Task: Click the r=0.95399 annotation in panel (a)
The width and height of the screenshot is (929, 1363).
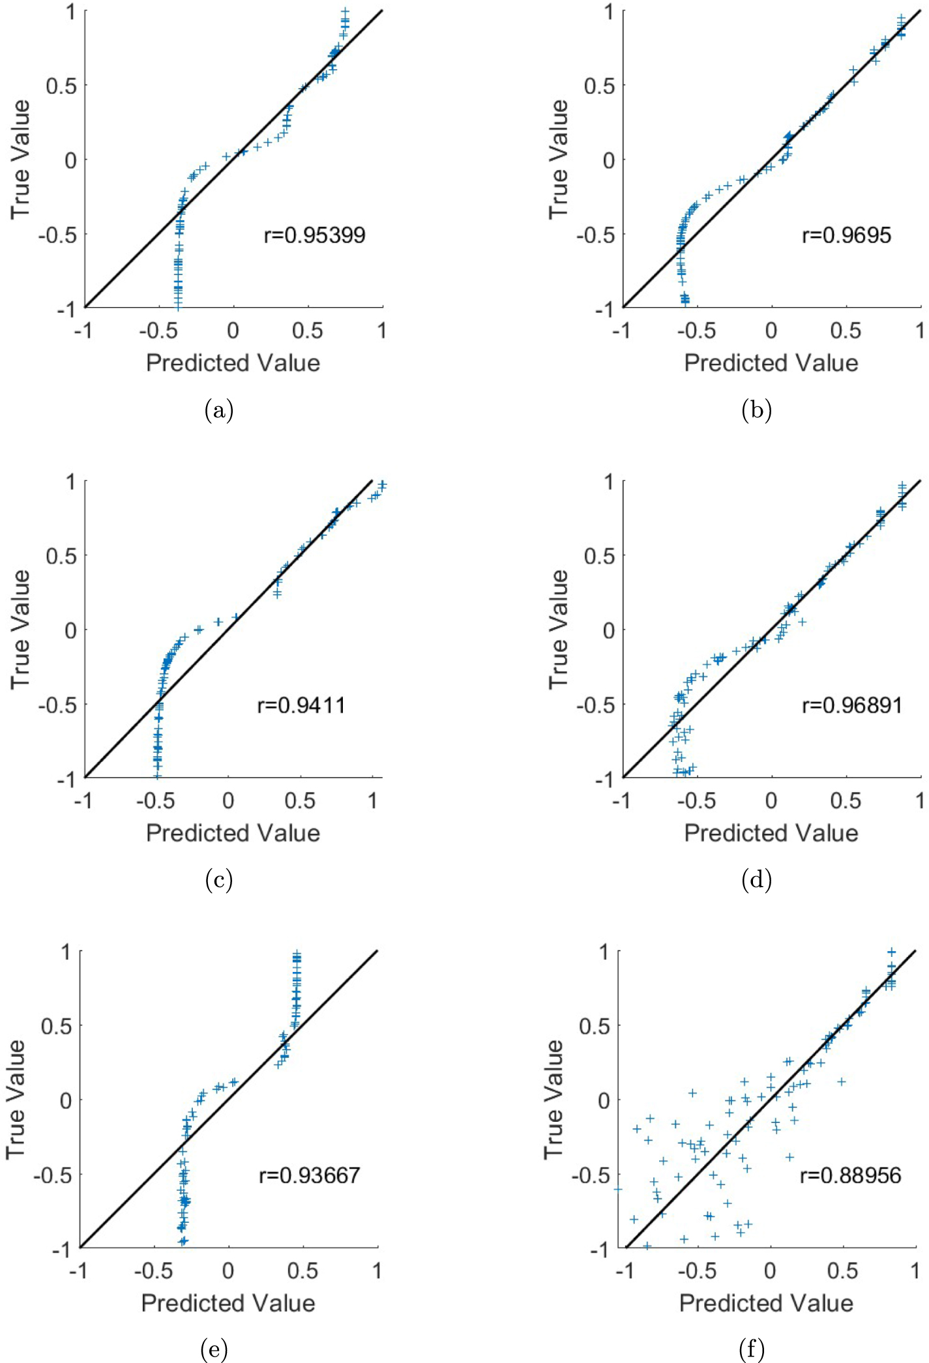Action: tap(314, 235)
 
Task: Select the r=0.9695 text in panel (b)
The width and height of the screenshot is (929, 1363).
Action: tap(846, 235)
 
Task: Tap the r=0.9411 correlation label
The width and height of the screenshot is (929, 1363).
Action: tap(301, 705)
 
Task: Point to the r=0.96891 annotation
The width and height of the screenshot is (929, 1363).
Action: tap(851, 705)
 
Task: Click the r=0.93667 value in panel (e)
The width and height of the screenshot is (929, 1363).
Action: tap(309, 1175)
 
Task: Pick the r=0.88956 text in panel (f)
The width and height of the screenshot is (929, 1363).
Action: tap(850, 1175)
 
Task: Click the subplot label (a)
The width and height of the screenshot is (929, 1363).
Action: tap(218, 410)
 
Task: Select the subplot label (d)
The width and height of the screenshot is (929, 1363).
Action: tap(756, 880)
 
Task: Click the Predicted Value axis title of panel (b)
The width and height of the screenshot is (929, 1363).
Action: tap(771, 363)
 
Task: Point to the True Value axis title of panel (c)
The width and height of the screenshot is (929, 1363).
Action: tap(20, 629)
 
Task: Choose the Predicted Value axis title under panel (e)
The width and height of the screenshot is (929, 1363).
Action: tap(228, 1302)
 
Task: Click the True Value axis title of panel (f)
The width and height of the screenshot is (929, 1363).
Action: tap(553, 1099)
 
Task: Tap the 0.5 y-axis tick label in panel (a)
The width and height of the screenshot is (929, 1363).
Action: tap(61, 85)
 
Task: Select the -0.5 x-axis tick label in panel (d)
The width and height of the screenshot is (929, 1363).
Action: tap(696, 800)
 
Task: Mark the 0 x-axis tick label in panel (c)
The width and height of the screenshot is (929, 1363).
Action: tap(228, 800)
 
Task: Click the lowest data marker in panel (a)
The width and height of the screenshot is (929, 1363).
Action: tap(178, 306)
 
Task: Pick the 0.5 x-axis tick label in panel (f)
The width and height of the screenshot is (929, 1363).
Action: tap(842, 1270)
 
